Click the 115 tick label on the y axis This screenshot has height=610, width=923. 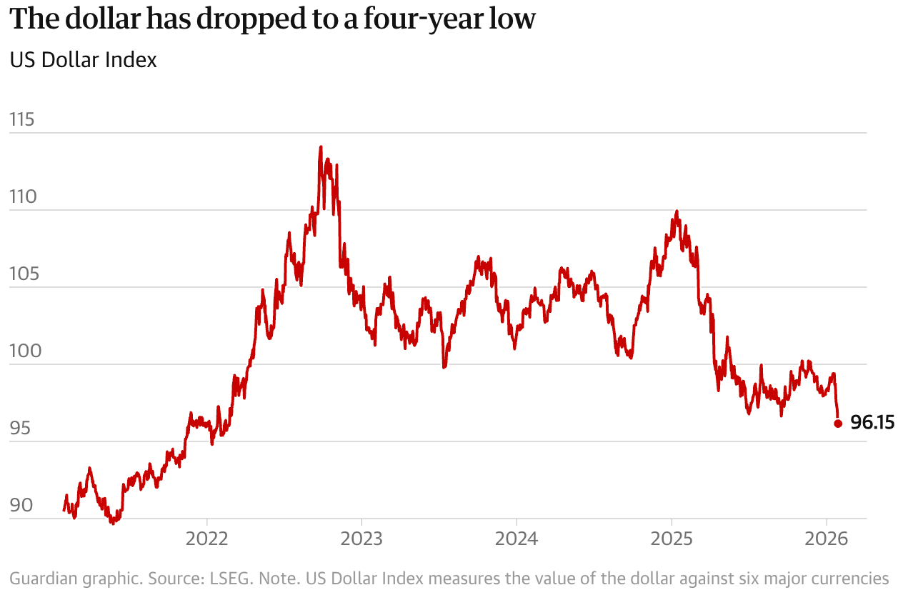(x=22, y=120)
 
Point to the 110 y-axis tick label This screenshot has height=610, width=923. (x=22, y=197)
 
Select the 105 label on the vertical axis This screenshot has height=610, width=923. (x=22, y=274)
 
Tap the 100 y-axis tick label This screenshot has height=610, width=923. (x=22, y=351)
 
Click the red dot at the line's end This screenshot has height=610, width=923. (x=838, y=424)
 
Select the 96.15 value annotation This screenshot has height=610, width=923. (x=873, y=424)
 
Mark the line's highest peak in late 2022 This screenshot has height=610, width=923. (x=321, y=147)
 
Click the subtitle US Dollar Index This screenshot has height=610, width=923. (x=83, y=60)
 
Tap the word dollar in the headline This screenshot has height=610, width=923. (x=115, y=19)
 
